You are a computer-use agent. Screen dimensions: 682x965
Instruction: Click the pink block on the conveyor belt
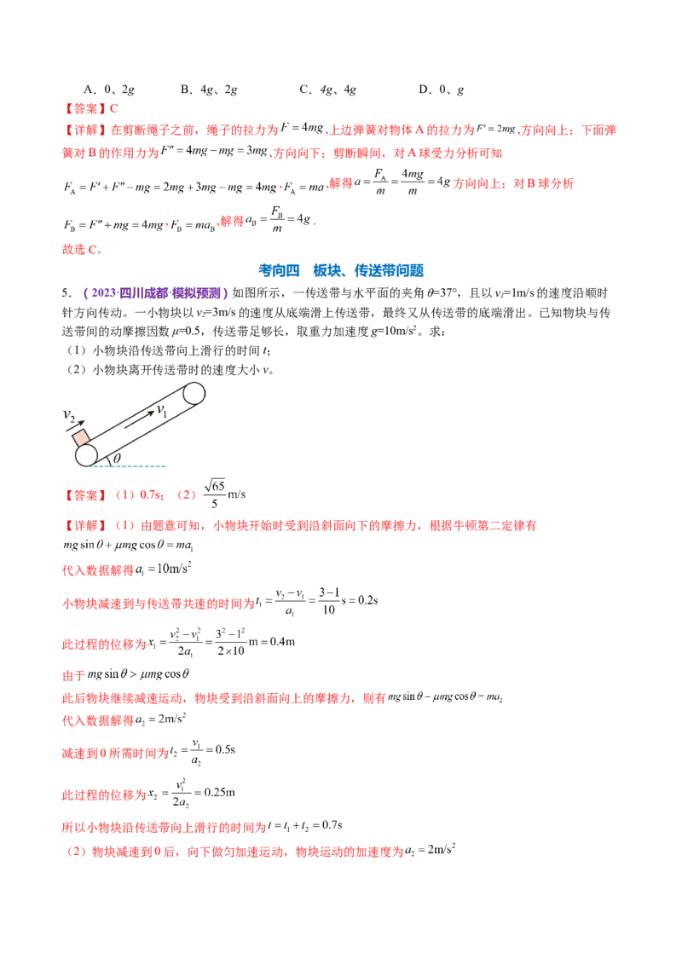point(82,437)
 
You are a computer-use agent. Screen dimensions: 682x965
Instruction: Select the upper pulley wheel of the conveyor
point(194,394)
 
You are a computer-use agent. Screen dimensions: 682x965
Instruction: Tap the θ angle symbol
point(117,459)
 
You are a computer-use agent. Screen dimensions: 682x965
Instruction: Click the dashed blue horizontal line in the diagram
point(145,466)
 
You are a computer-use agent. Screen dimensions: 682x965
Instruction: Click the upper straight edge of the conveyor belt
point(132,417)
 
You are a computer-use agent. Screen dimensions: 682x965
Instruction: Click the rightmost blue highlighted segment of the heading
point(390,271)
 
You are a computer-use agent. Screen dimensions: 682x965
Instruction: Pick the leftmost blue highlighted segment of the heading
point(281,271)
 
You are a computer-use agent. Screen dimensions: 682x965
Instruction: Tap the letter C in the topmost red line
point(118,108)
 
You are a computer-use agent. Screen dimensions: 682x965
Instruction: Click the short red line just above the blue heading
point(82,251)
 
